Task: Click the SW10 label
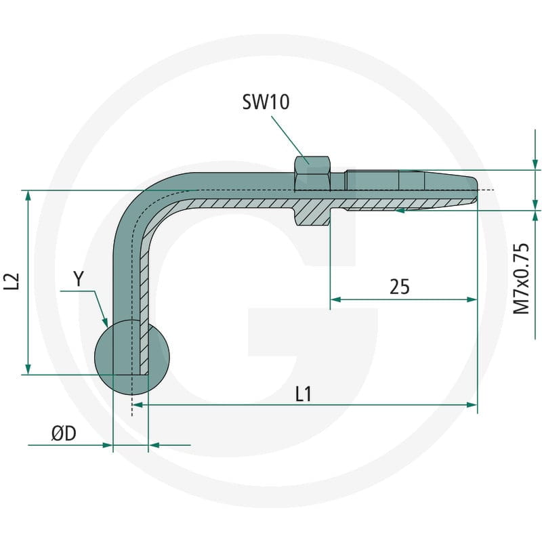[266, 102]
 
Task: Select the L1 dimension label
[304, 394]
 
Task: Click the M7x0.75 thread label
[521, 278]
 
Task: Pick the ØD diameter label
[64, 433]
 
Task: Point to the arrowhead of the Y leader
[105, 322]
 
